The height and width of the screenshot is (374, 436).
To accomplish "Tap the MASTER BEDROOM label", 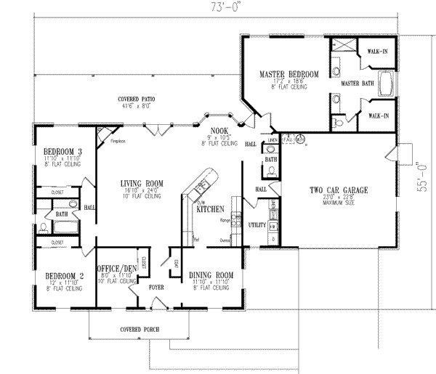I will pyautogui.click(x=289, y=74).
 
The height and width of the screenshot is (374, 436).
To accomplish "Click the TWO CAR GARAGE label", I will pyautogui.click(x=339, y=190).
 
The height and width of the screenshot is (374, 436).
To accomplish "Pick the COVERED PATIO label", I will pyautogui.click(x=137, y=99).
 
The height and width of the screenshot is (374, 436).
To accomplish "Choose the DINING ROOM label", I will pyautogui.click(x=211, y=275).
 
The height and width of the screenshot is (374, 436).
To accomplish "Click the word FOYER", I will pyautogui.click(x=156, y=288).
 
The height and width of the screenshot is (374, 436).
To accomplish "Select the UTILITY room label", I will pyautogui.click(x=257, y=226).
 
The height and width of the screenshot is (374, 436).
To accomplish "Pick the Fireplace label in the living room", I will pyautogui.click(x=117, y=142).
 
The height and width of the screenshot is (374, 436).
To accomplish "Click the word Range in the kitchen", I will pyautogui.click(x=225, y=219).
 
